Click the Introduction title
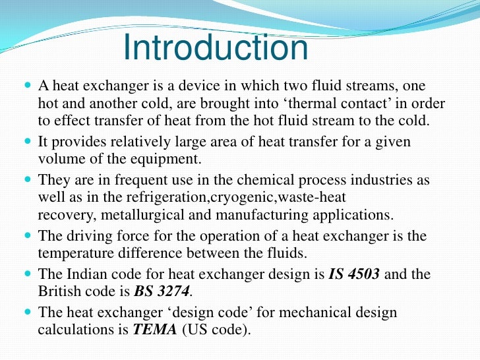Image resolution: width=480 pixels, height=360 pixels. pos(216,48)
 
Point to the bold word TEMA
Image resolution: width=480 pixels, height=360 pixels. pos(154,330)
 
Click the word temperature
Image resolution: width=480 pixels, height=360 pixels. pos(78,253)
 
